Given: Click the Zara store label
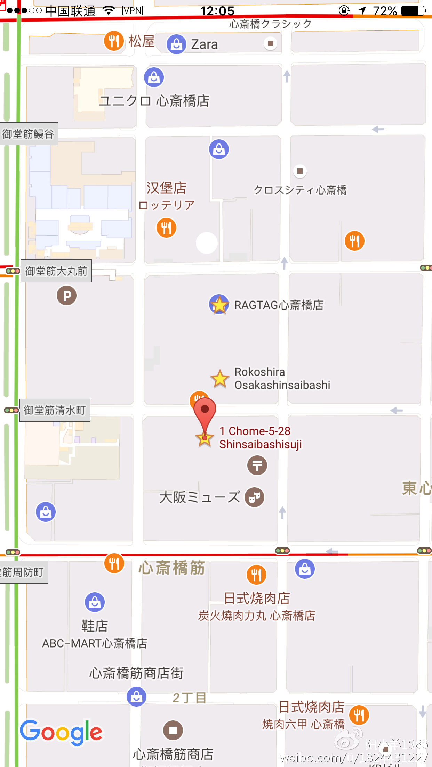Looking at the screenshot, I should (x=204, y=44).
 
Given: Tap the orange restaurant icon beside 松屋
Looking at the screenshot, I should (x=114, y=41).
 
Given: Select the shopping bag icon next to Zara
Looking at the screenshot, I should (x=176, y=44).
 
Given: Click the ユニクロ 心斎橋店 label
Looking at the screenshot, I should (x=154, y=101).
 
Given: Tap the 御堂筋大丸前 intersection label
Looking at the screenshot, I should (x=56, y=271).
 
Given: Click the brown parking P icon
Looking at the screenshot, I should (x=66, y=296).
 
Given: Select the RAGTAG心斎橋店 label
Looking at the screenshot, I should (x=279, y=305).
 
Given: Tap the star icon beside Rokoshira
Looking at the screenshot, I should (x=220, y=378).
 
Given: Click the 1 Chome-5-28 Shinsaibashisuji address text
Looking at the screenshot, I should (x=260, y=438).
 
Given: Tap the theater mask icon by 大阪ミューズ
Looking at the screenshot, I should (x=255, y=497).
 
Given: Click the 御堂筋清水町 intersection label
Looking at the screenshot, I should (x=55, y=410).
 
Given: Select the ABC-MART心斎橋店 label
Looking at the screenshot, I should (x=95, y=643).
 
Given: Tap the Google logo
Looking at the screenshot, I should (x=61, y=732).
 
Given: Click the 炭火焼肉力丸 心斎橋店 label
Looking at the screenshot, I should (x=257, y=616).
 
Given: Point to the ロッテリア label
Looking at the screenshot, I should (x=166, y=205).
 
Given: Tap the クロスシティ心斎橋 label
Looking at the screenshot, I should (x=300, y=190).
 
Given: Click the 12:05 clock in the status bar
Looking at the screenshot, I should (x=217, y=11).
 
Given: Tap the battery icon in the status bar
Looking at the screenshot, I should (x=413, y=11).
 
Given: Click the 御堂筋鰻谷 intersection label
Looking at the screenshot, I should (x=29, y=134).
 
